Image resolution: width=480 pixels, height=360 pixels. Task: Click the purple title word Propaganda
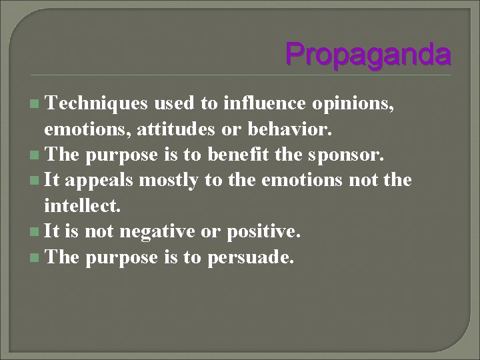(367, 53)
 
